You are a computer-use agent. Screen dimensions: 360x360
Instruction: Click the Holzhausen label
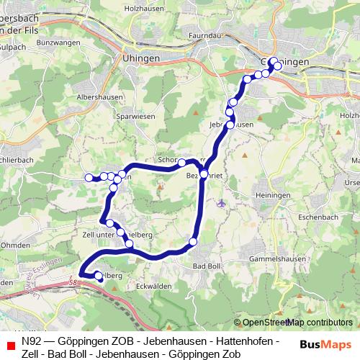(x=161, y=9)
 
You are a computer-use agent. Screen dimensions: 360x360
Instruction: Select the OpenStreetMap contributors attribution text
(x=297, y=323)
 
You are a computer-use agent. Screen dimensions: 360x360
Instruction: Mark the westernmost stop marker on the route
(x=89, y=177)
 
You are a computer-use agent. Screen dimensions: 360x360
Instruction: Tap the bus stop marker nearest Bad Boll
(x=193, y=241)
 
